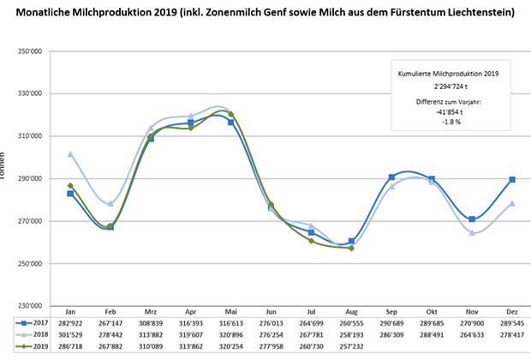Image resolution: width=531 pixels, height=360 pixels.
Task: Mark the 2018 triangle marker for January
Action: click(x=71, y=154)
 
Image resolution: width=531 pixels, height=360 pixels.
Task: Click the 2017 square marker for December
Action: click(x=512, y=179)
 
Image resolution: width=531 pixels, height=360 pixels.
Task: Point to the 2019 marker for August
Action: click(x=351, y=248)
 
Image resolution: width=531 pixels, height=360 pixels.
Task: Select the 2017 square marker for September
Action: click(x=391, y=177)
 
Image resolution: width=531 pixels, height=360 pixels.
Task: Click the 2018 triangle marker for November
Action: click(x=472, y=232)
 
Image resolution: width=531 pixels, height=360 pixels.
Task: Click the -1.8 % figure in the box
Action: click(x=449, y=121)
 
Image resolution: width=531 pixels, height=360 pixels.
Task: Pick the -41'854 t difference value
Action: click(x=448, y=111)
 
